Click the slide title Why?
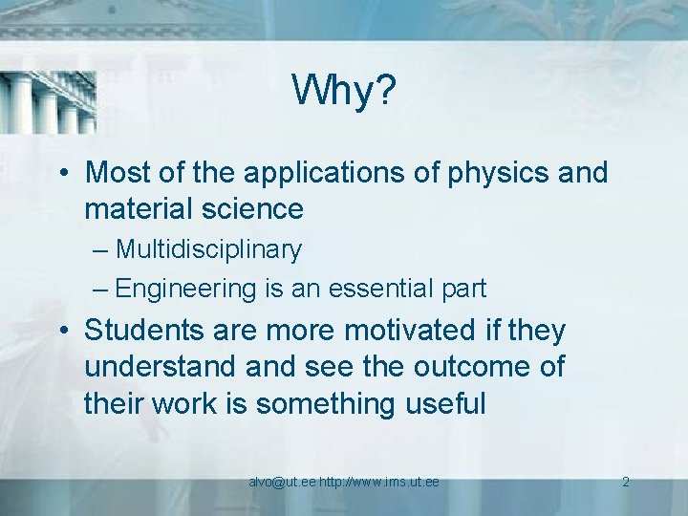[344, 92]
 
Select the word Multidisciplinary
[208, 250]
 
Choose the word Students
[143, 332]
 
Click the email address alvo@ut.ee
[282, 482]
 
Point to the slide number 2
[625, 482]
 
